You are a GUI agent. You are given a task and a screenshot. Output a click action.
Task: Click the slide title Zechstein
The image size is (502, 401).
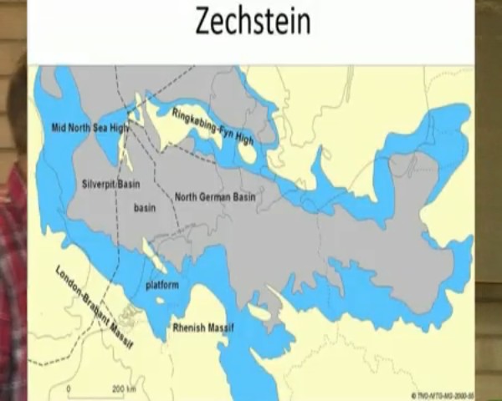click(x=253, y=21)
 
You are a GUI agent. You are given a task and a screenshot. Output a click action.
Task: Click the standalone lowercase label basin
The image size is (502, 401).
click(x=146, y=207)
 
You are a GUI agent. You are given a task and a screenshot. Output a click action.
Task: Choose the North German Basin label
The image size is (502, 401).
click(x=216, y=197)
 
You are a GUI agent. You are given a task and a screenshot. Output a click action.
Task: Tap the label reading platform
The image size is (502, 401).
click(x=163, y=285)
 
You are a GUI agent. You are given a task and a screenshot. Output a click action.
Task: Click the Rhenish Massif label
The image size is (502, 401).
click(x=202, y=327)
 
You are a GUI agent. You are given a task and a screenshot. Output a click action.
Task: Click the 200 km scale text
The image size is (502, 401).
click(x=125, y=390)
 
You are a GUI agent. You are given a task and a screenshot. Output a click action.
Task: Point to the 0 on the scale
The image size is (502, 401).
click(x=69, y=390)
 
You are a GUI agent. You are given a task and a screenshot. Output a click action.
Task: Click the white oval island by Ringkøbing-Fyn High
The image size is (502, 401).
click(x=247, y=152)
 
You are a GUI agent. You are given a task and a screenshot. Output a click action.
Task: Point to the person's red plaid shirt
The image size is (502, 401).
click(x=13, y=276)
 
